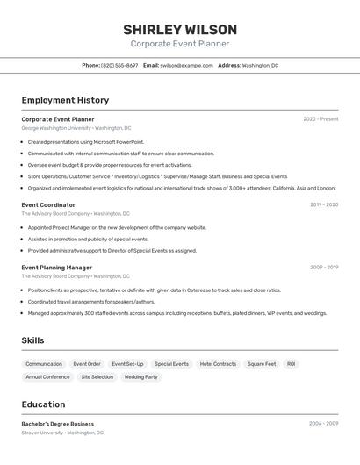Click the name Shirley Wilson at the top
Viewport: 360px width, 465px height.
180,30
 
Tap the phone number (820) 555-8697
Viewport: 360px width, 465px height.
119,65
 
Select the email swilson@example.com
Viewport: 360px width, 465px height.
186,65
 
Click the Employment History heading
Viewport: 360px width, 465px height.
65,100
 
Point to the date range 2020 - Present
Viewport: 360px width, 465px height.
320,119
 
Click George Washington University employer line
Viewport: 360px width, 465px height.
76,128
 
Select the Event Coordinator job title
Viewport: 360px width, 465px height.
48,205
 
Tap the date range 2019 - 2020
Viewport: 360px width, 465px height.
323,205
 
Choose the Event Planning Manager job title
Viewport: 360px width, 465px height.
57,268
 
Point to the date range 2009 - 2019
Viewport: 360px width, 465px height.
323,268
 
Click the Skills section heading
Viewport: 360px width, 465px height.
32,340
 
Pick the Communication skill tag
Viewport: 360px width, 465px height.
44,364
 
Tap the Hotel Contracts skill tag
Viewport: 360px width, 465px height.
218,364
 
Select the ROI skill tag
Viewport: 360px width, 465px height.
291,364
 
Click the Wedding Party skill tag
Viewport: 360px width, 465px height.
140,377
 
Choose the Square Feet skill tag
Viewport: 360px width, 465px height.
261,364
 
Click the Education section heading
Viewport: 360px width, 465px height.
43,404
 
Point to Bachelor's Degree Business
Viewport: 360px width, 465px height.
58,424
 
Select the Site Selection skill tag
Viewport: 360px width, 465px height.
97,377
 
